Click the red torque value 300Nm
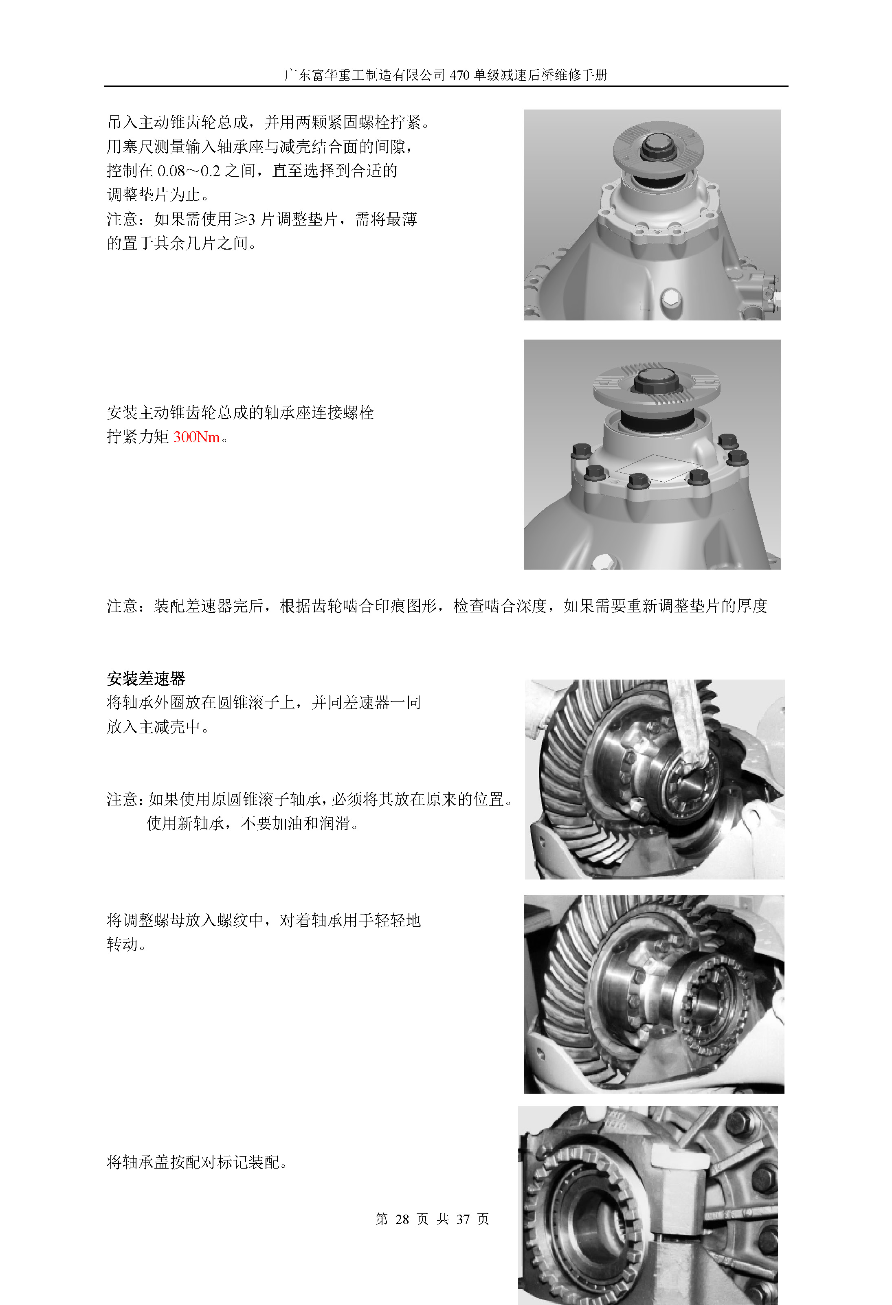[x=197, y=437]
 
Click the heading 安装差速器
[x=146, y=678]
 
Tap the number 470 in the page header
[x=459, y=75]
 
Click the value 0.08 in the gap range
[x=171, y=171]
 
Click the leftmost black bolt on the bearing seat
[x=581, y=451]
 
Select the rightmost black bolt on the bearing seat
[x=737, y=458]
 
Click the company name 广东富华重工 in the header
[x=324, y=75]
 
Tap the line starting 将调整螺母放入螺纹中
[x=264, y=920]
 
